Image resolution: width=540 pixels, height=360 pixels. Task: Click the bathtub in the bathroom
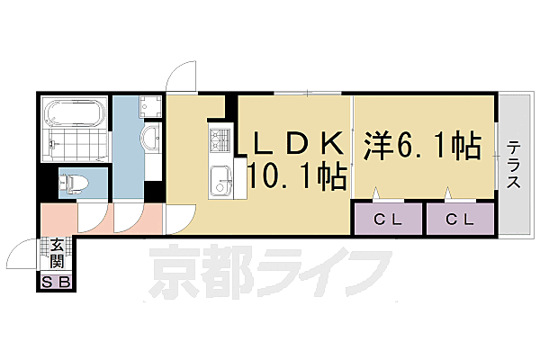tap(75, 114)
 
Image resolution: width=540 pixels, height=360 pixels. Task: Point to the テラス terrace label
tap(513, 166)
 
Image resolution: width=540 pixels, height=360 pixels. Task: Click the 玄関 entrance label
tap(57, 252)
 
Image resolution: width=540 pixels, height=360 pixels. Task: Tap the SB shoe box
tap(57, 283)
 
